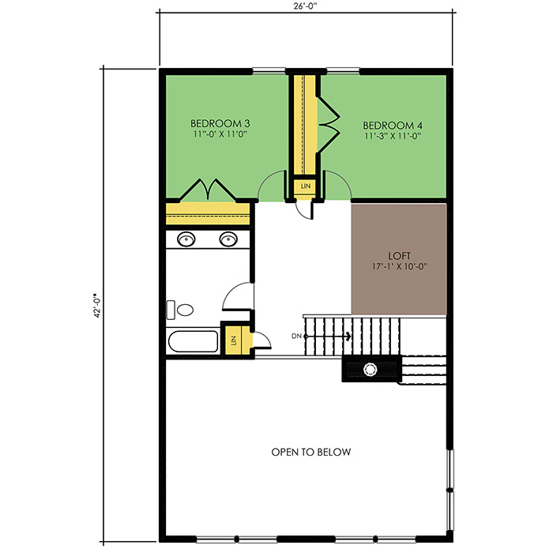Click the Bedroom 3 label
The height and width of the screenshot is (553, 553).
point(220,123)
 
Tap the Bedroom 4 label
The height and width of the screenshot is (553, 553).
point(393,126)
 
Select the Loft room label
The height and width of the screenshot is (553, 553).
point(399,256)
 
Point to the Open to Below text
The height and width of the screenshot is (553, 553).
point(311,452)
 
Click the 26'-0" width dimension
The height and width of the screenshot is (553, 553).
point(306,6)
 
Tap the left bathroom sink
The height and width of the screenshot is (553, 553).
point(186,239)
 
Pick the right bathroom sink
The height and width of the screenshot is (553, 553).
point(228,239)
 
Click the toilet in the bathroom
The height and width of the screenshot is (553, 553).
point(180,310)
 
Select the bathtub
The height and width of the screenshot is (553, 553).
point(193,341)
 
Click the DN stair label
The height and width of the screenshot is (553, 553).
point(296,337)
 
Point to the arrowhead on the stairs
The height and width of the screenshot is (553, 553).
point(348,337)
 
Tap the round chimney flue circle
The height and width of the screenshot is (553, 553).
point(370,369)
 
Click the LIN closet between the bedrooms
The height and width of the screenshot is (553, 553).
point(306,186)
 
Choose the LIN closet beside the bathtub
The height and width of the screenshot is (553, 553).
point(233,340)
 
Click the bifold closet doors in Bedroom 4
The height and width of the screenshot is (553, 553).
point(329,123)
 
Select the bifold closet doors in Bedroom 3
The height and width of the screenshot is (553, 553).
point(208,190)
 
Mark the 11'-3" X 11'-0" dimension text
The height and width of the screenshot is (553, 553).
point(393,136)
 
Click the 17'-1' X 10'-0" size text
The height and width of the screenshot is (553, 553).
point(400,266)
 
